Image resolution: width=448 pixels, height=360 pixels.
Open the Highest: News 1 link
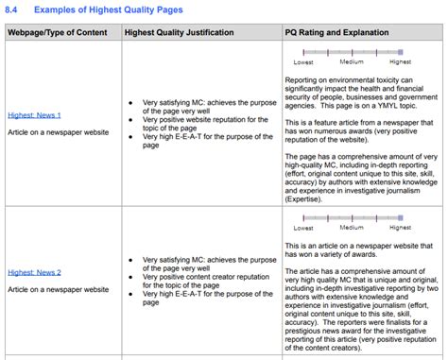(34, 115)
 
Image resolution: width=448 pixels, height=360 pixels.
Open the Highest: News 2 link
(34, 273)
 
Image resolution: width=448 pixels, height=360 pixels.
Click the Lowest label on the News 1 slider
(303, 62)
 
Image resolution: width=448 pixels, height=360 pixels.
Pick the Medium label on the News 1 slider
(352, 62)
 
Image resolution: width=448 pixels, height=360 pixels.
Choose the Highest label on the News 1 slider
(400, 62)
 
